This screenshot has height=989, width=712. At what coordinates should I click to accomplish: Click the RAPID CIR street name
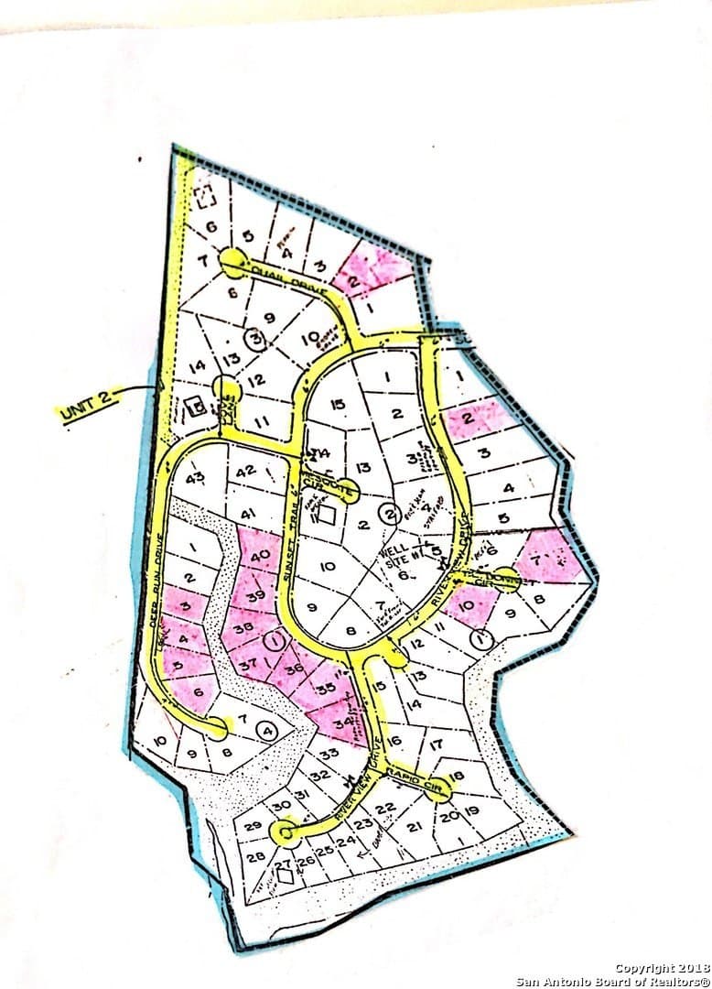(406, 777)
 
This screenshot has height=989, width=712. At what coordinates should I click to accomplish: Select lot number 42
(245, 471)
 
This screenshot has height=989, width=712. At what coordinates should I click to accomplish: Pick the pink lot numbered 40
(258, 555)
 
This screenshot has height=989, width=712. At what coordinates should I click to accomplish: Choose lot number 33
(329, 753)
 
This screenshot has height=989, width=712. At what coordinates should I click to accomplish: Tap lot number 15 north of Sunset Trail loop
(338, 405)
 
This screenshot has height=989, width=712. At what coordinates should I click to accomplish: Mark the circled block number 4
(267, 731)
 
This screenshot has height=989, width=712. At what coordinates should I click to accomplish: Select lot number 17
(436, 744)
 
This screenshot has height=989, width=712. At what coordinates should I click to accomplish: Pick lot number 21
(414, 826)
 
